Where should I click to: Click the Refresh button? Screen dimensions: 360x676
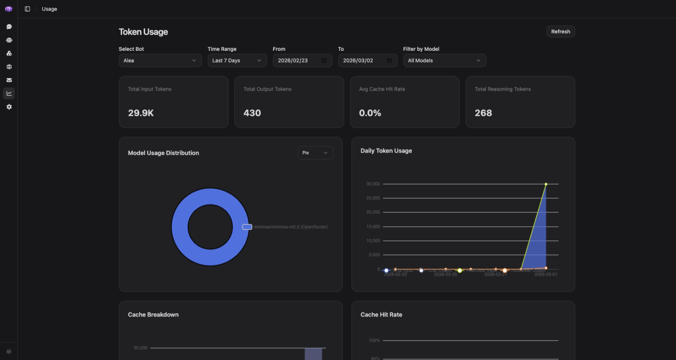tap(561, 32)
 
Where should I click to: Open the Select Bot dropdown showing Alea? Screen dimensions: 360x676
tap(160, 61)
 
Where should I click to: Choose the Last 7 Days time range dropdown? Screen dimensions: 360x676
tap(237, 61)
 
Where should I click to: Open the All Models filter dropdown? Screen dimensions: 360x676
tap(444, 61)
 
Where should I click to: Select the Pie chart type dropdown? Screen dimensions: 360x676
tap(315, 153)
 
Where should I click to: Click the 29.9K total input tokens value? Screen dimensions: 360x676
tap(141, 113)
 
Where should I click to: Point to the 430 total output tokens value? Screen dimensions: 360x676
tap(252, 113)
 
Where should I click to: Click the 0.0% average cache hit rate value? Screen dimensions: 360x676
tap(370, 113)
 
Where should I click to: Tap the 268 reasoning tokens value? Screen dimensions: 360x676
tap(483, 113)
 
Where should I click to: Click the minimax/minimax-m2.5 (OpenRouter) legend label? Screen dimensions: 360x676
tap(290, 227)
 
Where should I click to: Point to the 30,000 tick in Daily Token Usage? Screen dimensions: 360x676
tap(373, 184)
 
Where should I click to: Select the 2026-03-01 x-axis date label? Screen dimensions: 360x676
tap(545, 275)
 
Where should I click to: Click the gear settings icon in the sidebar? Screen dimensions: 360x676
tap(9, 107)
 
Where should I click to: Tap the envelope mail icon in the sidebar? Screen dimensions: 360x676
tap(9, 80)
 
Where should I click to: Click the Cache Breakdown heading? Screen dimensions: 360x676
tap(153, 315)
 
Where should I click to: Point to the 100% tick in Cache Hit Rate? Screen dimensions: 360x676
tap(374, 341)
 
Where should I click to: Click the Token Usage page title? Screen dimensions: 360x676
tap(143, 32)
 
